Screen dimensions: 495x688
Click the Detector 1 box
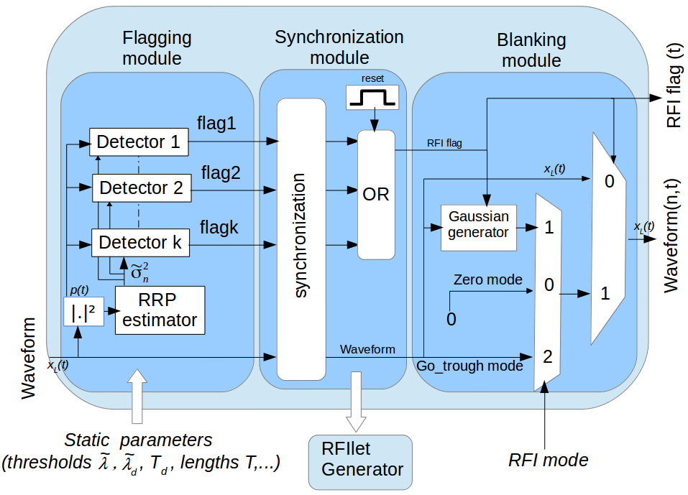click(x=138, y=142)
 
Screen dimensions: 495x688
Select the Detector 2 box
click(x=142, y=188)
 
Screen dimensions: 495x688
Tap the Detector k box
click(x=139, y=244)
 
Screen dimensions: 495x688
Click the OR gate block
click(x=376, y=195)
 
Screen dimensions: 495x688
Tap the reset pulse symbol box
click(x=372, y=97)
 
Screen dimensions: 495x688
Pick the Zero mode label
click(x=487, y=279)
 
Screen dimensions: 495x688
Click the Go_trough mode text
click(x=469, y=366)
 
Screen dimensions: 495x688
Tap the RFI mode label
click(x=548, y=459)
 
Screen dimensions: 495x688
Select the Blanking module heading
click(x=531, y=50)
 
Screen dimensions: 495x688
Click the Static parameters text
click(x=138, y=439)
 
